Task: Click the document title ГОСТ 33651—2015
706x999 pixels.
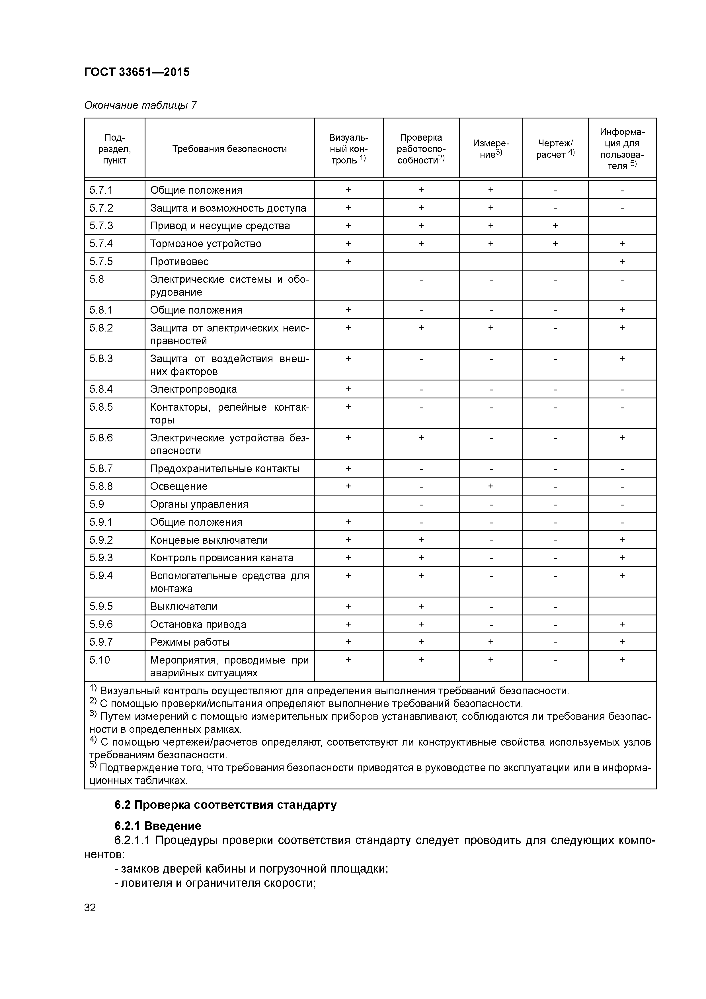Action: [137, 72]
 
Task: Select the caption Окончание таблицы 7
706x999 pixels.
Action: [140, 105]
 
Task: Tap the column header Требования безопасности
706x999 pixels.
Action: [229, 149]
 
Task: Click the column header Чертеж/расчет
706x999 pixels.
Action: [555, 149]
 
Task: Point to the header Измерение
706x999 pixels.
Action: [491, 149]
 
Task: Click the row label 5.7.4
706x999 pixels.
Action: [101, 244]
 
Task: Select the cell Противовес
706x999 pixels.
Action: [179, 261]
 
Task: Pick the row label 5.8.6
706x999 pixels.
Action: [101, 438]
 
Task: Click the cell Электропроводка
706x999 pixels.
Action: [193, 389]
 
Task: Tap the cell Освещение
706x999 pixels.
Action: [179, 486]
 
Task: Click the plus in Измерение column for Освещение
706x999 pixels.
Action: [491, 486]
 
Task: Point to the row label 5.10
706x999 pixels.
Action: [100, 660]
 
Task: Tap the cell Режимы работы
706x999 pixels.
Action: [190, 642]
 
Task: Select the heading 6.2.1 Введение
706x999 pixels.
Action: [157, 826]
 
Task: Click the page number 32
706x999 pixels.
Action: [90, 908]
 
